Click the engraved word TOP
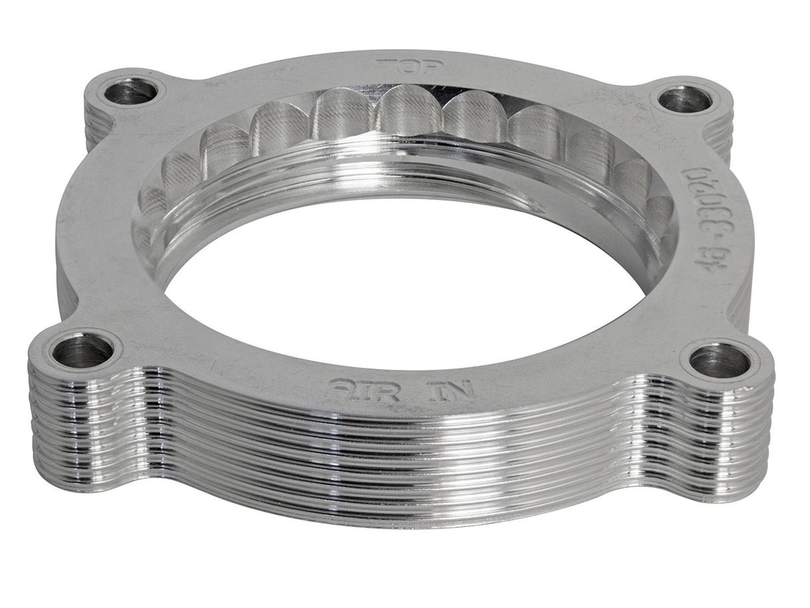[400, 66]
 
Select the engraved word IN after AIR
[454, 389]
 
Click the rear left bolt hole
[131, 91]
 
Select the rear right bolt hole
[685, 100]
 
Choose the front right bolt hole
[719, 361]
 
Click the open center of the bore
[400, 280]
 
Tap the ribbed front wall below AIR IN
[400, 454]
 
